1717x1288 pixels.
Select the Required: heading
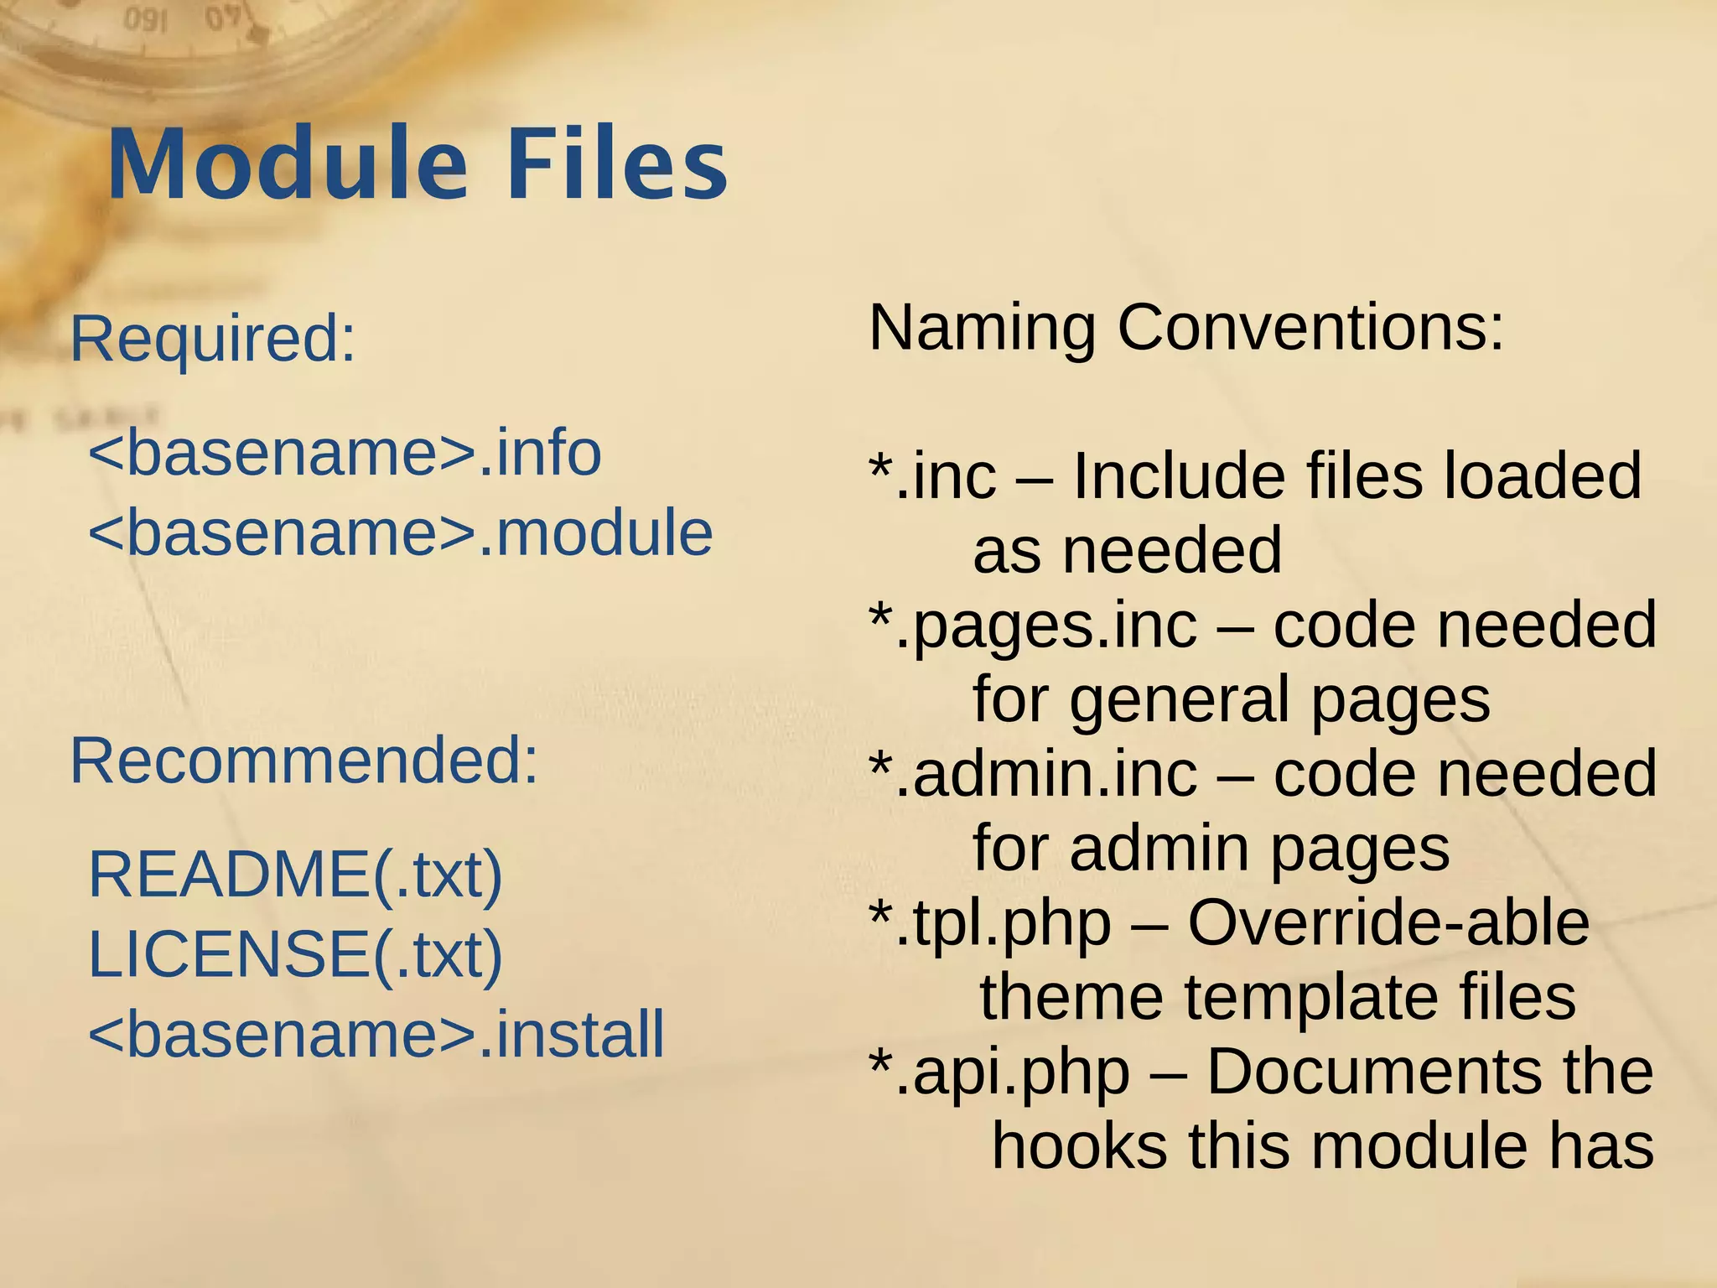point(213,339)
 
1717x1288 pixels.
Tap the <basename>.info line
point(345,453)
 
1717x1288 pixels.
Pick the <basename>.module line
point(400,533)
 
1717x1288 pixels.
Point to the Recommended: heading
point(303,761)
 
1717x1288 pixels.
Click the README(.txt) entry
point(295,875)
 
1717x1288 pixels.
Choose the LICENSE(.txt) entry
point(295,954)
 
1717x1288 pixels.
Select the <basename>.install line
point(376,1034)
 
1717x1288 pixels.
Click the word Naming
point(982,327)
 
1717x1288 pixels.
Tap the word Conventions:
point(1310,327)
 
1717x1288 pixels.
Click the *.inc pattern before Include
point(932,476)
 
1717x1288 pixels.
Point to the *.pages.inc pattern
point(1033,626)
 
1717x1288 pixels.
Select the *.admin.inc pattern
point(1033,774)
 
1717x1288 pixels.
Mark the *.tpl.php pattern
point(989,923)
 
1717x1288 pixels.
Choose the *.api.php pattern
point(999,1072)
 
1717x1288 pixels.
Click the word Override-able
point(1388,923)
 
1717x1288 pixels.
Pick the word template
point(1312,998)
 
